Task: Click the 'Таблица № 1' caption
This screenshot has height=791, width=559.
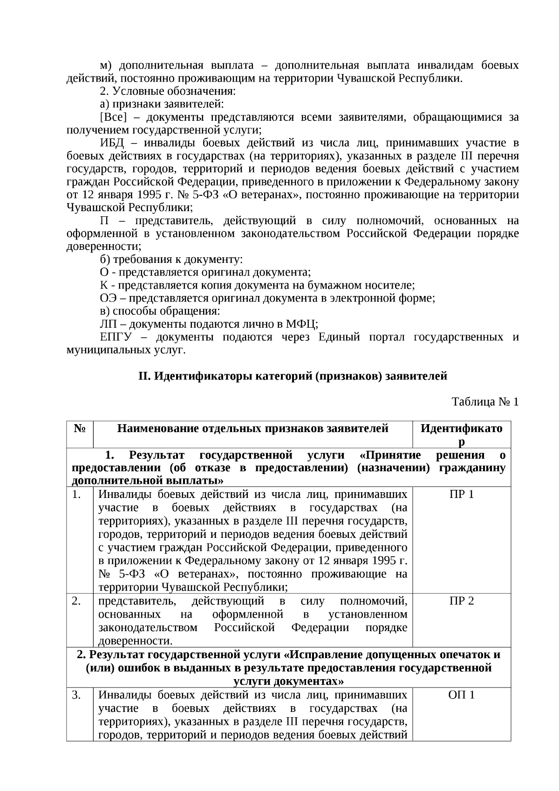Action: (485, 402)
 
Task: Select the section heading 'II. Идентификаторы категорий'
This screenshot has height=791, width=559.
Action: (293, 376)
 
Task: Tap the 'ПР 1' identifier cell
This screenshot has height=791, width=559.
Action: (461, 494)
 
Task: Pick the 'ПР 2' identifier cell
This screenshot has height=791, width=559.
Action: (461, 601)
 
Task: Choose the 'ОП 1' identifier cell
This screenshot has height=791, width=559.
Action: (461, 695)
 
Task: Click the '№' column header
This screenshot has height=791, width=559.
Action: (79, 428)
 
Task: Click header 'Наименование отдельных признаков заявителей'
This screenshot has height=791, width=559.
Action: (252, 428)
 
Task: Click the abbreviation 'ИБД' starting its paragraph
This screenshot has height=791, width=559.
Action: (110, 143)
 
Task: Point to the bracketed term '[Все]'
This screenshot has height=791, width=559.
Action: (113, 117)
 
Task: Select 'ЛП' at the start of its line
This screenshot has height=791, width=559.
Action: (108, 324)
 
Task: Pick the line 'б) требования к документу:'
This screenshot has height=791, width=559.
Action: (171, 260)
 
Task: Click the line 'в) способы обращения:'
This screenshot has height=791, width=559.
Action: (160, 311)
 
